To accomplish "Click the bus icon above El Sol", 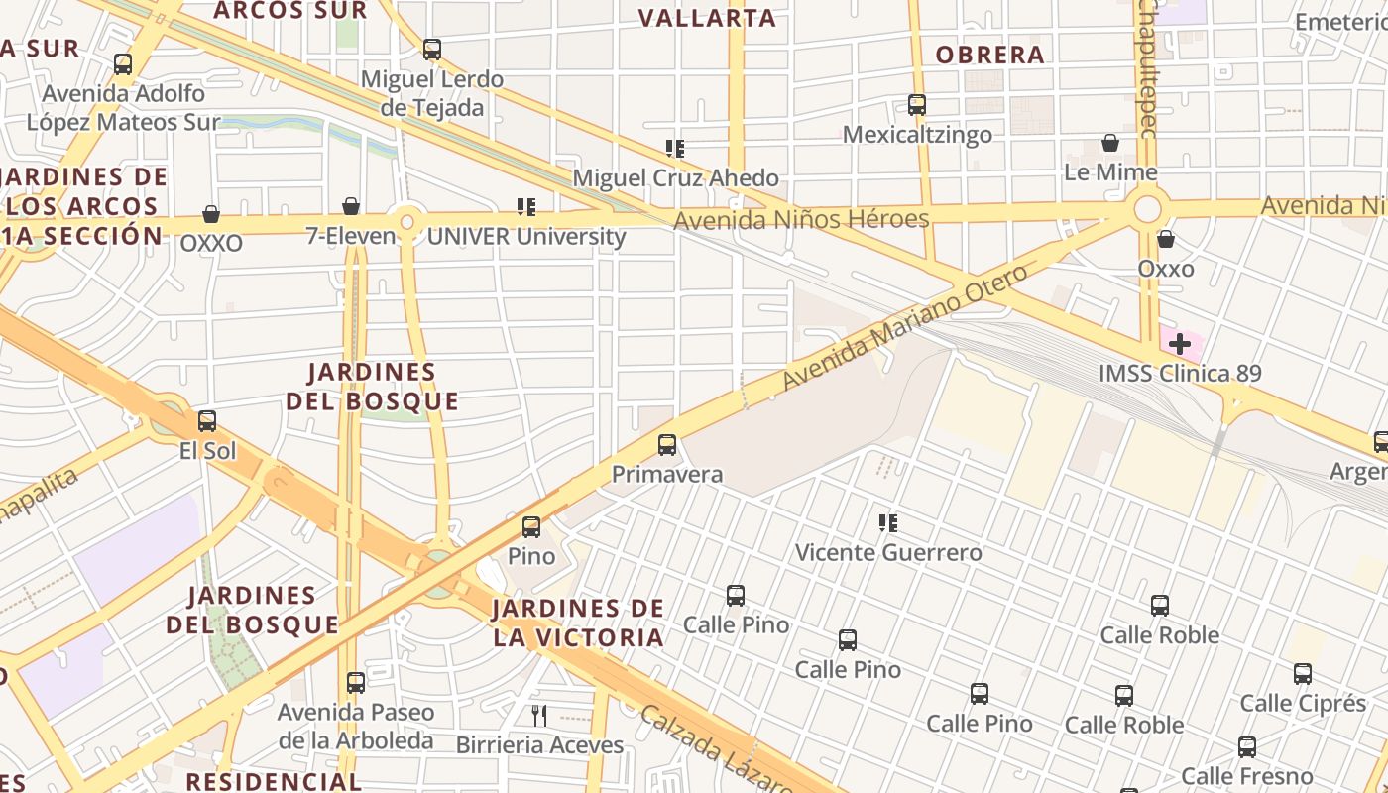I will click(x=206, y=421).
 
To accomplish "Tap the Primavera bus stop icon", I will click(x=667, y=445).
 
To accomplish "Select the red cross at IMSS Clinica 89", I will click(x=1179, y=345).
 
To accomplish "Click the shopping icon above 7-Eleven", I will click(x=351, y=206).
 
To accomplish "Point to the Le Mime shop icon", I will click(x=1110, y=144).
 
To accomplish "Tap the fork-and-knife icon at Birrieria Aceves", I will click(x=539, y=715).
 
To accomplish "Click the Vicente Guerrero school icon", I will click(x=888, y=522).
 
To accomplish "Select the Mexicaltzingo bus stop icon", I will click(x=917, y=105).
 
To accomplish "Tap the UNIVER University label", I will click(x=526, y=237).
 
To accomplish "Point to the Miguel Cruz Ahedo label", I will click(x=676, y=178).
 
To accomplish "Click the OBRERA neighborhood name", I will click(x=989, y=55).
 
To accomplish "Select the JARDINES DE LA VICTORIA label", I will click(x=578, y=623).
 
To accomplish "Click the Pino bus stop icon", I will click(x=531, y=527).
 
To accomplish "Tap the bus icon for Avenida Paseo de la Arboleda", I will click(x=356, y=683).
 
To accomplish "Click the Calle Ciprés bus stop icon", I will click(x=1303, y=675).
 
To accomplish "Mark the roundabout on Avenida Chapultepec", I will click(x=1147, y=209).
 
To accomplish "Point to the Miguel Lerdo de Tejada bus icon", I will click(x=432, y=50).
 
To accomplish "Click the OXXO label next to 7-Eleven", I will click(x=211, y=244).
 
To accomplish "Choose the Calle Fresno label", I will click(x=1247, y=776).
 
